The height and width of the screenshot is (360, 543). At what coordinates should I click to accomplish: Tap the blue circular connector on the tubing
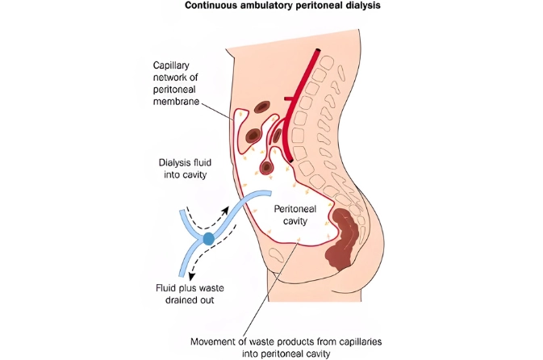click(208, 239)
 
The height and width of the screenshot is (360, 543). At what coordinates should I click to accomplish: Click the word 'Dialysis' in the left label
click(174, 161)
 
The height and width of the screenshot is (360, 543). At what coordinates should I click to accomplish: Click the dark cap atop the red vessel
click(320, 52)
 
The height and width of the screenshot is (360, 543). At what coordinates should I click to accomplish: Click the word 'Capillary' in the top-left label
click(172, 65)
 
